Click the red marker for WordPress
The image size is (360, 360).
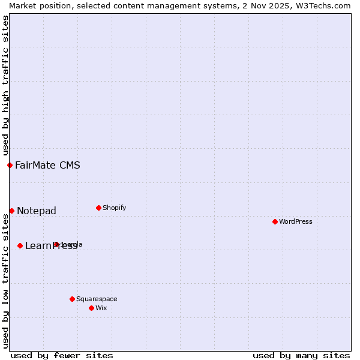275,221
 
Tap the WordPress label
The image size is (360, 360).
296,221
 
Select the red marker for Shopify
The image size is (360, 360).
98,208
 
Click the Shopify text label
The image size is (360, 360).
115,208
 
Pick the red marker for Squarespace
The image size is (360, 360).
72,299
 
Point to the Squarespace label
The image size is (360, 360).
97,299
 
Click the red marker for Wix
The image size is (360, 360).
91,308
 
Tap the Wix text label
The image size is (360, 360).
101,308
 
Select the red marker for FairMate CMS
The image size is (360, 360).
10,165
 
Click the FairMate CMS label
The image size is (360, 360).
47,165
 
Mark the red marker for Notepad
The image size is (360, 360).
11,211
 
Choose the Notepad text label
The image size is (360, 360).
37,211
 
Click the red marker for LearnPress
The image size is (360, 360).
20,245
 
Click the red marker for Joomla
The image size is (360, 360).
56,244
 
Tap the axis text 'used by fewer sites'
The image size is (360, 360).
62,355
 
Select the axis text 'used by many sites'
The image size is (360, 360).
301,355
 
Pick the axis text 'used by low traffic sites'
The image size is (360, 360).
5,281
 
